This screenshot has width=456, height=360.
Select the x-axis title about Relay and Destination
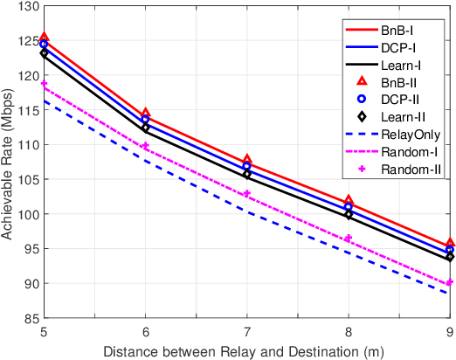[x=247, y=350]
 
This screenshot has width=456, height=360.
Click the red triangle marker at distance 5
[x=45, y=38]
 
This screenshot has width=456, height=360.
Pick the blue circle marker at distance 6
[x=146, y=120]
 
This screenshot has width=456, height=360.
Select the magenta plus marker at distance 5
[x=45, y=85]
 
